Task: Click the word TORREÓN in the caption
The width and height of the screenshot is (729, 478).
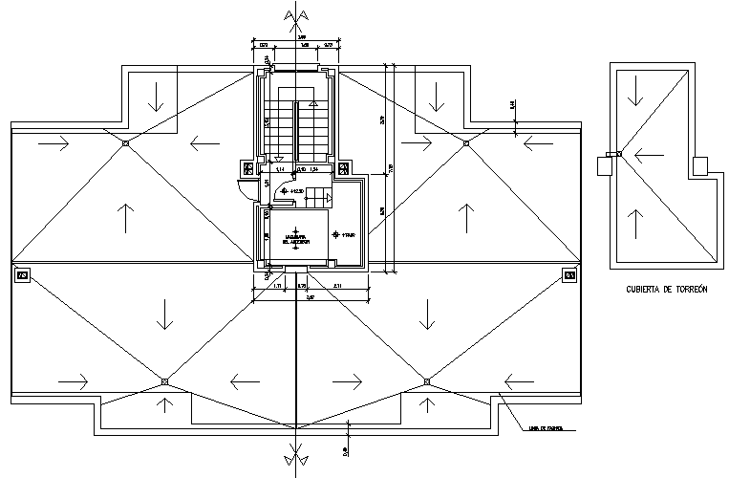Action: tap(684, 290)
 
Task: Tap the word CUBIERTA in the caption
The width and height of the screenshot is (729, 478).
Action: tap(645, 290)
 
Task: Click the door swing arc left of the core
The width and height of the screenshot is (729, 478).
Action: tap(249, 186)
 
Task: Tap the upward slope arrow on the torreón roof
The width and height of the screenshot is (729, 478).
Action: tap(633, 223)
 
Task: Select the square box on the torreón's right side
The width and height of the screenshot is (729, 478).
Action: tap(700, 165)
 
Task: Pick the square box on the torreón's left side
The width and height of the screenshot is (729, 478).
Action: tap(604, 165)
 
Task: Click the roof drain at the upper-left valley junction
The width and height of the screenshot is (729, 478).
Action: tap(125, 143)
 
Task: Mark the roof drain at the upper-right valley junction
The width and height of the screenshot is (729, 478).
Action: tap(466, 143)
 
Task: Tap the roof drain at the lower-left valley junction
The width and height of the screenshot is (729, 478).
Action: tap(164, 381)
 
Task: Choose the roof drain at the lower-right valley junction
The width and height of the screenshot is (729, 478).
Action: tap(426, 381)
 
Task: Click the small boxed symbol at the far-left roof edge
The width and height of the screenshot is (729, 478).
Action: tap(22, 276)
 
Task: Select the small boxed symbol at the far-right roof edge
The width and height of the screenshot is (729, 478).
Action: tap(569, 276)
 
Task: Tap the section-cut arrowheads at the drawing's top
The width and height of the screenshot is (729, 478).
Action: tap(294, 16)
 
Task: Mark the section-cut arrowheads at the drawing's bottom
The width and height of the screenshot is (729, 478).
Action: tap(294, 460)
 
